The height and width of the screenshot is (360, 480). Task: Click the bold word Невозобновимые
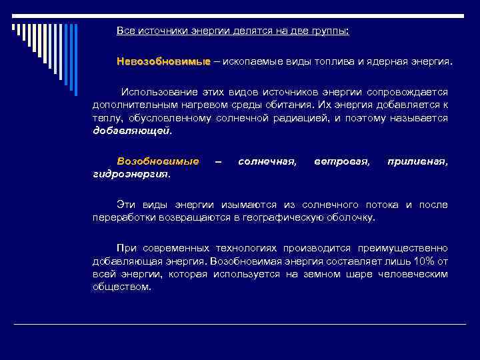163,61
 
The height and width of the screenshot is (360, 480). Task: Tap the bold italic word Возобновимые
157,161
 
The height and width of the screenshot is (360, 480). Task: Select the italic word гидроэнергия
131,174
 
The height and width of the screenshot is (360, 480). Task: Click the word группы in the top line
341,31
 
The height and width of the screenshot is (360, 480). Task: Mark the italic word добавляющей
131,131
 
